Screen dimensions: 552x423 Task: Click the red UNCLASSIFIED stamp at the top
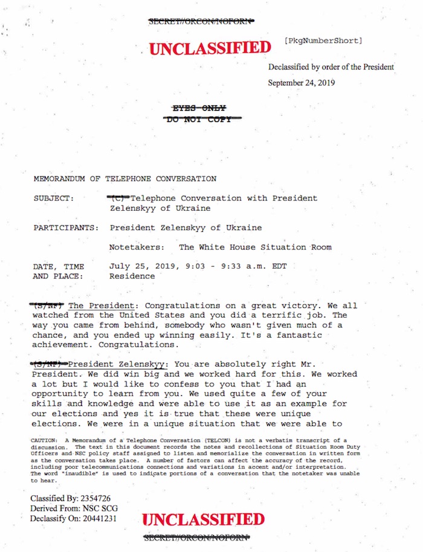point(210,48)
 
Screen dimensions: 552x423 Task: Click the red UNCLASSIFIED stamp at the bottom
point(203,520)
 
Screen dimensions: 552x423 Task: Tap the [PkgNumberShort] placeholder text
point(323,41)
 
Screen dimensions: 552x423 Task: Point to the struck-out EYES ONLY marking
point(199,108)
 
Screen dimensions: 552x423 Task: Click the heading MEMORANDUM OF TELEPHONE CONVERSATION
point(125,179)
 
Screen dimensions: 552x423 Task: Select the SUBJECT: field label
point(54,198)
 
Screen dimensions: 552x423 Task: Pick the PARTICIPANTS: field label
point(66,228)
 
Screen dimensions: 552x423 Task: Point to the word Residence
point(132,276)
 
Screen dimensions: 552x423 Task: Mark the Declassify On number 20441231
point(99,518)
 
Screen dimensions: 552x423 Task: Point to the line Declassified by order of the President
point(331,67)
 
